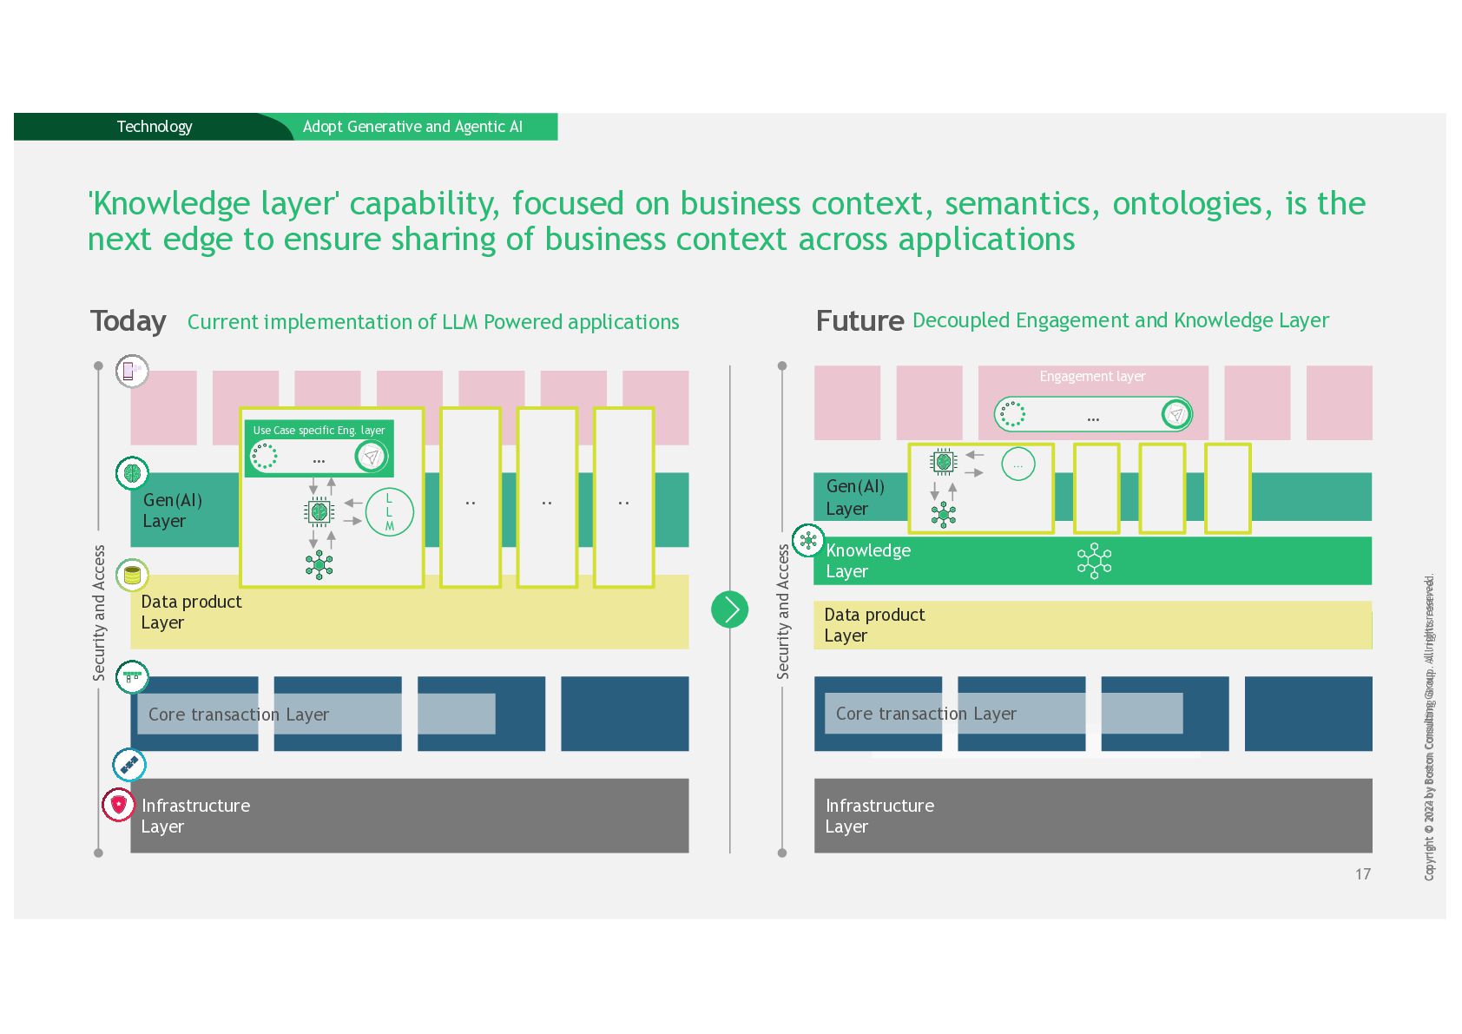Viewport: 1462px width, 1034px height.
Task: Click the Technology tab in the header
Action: (155, 127)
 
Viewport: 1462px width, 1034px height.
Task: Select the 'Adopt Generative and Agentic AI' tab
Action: (412, 127)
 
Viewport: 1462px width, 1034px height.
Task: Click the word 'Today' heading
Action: (128, 321)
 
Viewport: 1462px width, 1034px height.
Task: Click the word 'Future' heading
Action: (859, 321)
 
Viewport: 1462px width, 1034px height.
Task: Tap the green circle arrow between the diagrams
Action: (729, 609)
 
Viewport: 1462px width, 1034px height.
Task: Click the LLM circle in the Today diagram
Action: (389, 512)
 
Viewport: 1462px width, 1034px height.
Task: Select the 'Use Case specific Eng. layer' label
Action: (319, 431)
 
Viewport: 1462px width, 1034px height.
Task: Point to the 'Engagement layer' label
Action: (1092, 377)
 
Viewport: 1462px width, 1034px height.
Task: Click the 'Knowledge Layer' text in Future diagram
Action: (867, 561)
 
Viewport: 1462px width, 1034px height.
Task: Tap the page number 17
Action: (1362, 874)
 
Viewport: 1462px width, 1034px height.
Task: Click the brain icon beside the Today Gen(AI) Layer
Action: (132, 473)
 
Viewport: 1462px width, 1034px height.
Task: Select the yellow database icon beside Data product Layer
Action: (132, 575)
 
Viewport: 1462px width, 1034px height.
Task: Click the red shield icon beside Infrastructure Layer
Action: (119, 805)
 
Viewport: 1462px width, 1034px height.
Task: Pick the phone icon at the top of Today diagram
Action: (131, 372)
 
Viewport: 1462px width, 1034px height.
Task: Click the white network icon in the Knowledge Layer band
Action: (1094, 561)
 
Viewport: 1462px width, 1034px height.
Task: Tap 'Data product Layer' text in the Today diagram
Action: (191, 612)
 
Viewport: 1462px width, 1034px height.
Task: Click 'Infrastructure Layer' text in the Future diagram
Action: (879, 816)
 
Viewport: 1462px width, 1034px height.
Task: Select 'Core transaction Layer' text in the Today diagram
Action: (239, 715)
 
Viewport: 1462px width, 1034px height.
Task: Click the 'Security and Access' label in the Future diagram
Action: (783, 612)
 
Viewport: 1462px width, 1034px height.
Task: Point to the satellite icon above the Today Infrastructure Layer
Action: (129, 765)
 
